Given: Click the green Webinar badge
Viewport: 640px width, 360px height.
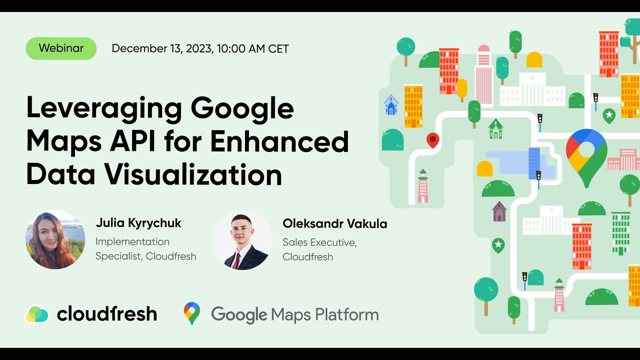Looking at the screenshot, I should (61, 48).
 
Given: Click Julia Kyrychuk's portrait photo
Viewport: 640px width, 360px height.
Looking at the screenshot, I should (55, 239).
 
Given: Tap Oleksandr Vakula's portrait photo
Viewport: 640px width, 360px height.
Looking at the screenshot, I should (242, 240).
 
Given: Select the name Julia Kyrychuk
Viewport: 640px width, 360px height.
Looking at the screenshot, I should (138, 223).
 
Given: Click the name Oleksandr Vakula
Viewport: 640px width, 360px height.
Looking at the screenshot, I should (334, 223).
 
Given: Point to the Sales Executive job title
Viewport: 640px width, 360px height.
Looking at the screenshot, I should (319, 242).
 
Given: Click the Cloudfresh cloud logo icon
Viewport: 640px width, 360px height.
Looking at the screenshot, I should (37, 314).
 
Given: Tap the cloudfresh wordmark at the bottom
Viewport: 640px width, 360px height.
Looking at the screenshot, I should (107, 314).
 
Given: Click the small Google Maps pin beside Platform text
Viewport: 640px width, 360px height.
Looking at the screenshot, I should (191, 313).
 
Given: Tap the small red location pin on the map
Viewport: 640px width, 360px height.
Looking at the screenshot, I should (432, 140).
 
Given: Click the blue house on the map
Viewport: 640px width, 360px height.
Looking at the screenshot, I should (391, 105).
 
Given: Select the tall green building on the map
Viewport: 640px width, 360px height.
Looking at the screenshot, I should (620, 232).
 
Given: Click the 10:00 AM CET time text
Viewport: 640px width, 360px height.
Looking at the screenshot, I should (253, 48).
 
